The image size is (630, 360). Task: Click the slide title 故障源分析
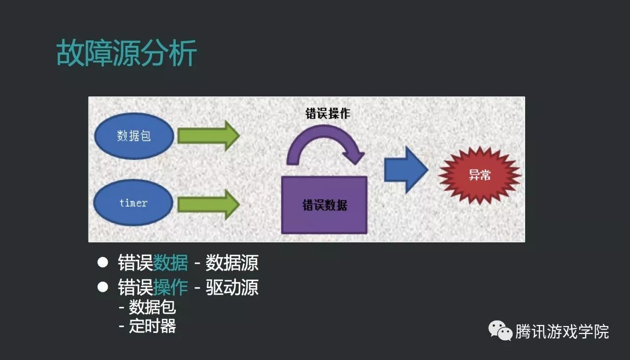(126, 53)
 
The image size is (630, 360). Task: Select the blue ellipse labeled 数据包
(133, 136)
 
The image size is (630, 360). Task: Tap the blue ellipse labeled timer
(133, 202)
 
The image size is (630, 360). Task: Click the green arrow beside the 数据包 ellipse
(208, 135)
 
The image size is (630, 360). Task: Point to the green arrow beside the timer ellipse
(208, 204)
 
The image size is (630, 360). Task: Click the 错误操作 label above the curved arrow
(328, 113)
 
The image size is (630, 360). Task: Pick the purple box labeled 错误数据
(324, 205)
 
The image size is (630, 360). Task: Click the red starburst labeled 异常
(479, 175)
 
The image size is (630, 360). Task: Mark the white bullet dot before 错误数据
(102, 262)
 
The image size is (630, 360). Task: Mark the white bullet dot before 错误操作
(102, 287)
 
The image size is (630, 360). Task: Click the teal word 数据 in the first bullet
(170, 263)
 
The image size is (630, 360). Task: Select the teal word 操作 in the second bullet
(170, 288)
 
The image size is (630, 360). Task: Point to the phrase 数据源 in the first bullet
(232, 263)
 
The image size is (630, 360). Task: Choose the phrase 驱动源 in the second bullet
(232, 288)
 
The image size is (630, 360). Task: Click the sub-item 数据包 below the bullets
(152, 307)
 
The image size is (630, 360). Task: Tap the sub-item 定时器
(152, 326)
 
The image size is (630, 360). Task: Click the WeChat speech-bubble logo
(500, 331)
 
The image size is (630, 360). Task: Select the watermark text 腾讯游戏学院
(562, 331)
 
